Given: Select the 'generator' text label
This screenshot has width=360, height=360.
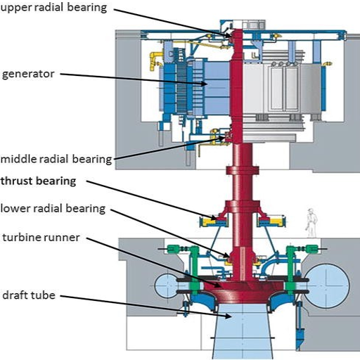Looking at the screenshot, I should click(28, 73).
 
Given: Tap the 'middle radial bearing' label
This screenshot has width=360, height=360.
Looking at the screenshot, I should click(56, 159).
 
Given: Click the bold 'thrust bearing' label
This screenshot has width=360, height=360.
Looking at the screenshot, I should click(38, 181).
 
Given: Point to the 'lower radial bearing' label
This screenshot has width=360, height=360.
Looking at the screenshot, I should click(53, 208).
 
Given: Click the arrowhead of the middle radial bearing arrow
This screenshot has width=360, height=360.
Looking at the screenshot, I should click(226, 137).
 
